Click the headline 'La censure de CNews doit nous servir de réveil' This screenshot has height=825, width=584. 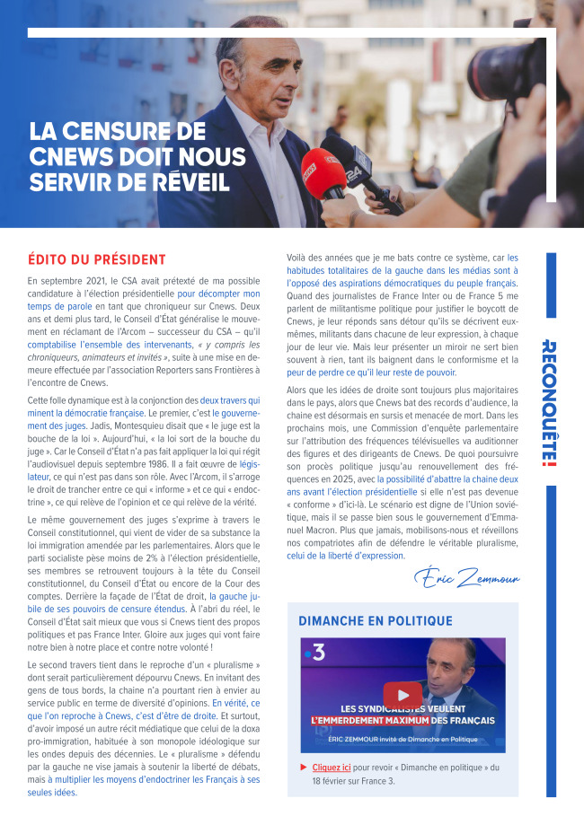(x=137, y=157)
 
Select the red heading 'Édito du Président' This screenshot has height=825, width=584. (x=97, y=259)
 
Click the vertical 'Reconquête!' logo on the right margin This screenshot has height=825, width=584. (x=551, y=403)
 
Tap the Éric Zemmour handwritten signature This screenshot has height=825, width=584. (x=467, y=576)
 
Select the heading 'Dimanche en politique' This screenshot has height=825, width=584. (x=376, y=621)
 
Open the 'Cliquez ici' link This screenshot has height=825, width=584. (x=332, y=768)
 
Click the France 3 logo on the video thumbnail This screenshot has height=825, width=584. (x=314, y=654)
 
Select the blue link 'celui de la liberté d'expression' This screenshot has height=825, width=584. (x=345, y=556)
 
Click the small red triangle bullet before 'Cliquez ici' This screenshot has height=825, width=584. (x=304, y=768)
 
